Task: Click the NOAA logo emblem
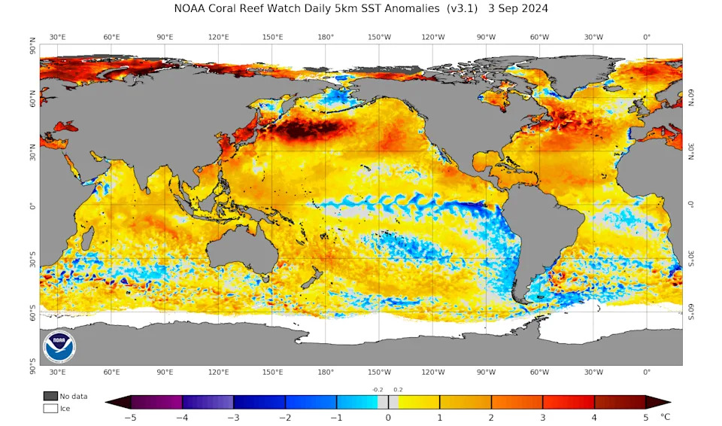(59, 348)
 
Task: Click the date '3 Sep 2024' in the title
(518, 9)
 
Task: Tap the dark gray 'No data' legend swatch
(50, 396)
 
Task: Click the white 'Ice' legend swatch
(50, 408)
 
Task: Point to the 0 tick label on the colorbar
(388, 416)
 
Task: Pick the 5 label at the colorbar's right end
(645, 416)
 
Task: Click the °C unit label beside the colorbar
(665, 415)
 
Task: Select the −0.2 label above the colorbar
(378, 389)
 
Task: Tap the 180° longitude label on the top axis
(326, 37)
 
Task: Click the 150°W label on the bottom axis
(379, 373)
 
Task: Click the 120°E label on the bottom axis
(219, 373)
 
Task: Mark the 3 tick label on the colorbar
(542, 416)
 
